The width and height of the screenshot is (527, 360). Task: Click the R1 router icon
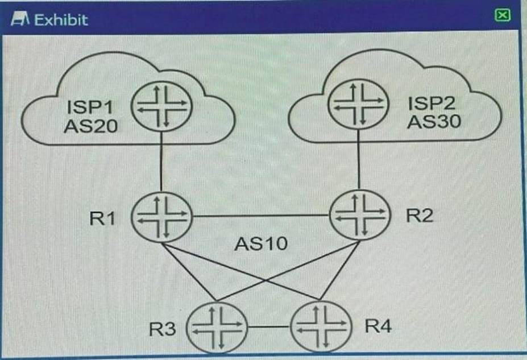[162, 217]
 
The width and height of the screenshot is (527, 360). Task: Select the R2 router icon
[360, 214]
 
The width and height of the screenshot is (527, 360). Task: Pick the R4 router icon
[319, 326]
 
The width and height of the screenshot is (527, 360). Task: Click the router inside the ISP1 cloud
[161, 106]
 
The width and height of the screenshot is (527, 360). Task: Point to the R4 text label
[378, 326]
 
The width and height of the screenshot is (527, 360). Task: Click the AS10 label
[261, 245]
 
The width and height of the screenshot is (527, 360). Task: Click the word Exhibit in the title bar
[61, 20]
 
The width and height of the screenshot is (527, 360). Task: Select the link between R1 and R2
[261, 216]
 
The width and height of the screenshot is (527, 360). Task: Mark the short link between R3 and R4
[269, 328]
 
